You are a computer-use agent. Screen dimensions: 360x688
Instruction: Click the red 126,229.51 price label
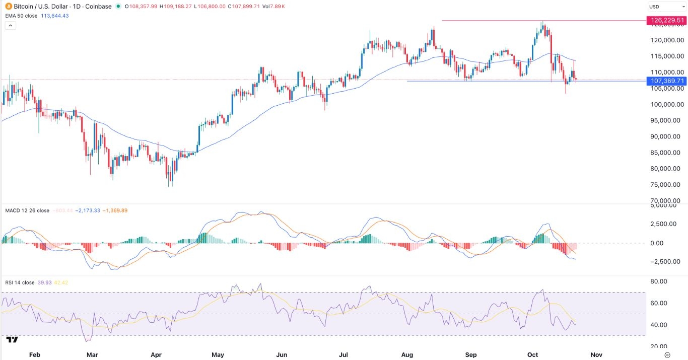pos(667,21)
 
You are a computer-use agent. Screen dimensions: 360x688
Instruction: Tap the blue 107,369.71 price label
pos(667,81)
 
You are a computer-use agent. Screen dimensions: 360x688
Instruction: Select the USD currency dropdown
pos(665,7)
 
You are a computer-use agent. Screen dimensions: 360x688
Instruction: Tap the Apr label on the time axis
pos(156,354)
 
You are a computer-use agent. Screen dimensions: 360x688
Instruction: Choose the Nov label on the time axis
pos(595,354)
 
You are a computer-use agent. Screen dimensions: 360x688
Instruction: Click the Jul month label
pos(343,354)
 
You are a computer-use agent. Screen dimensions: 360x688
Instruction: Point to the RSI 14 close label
pos(20,282)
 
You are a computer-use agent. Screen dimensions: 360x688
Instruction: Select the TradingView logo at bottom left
pos(13,340)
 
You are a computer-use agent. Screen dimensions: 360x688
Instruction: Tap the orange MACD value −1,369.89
pos(115,210)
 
